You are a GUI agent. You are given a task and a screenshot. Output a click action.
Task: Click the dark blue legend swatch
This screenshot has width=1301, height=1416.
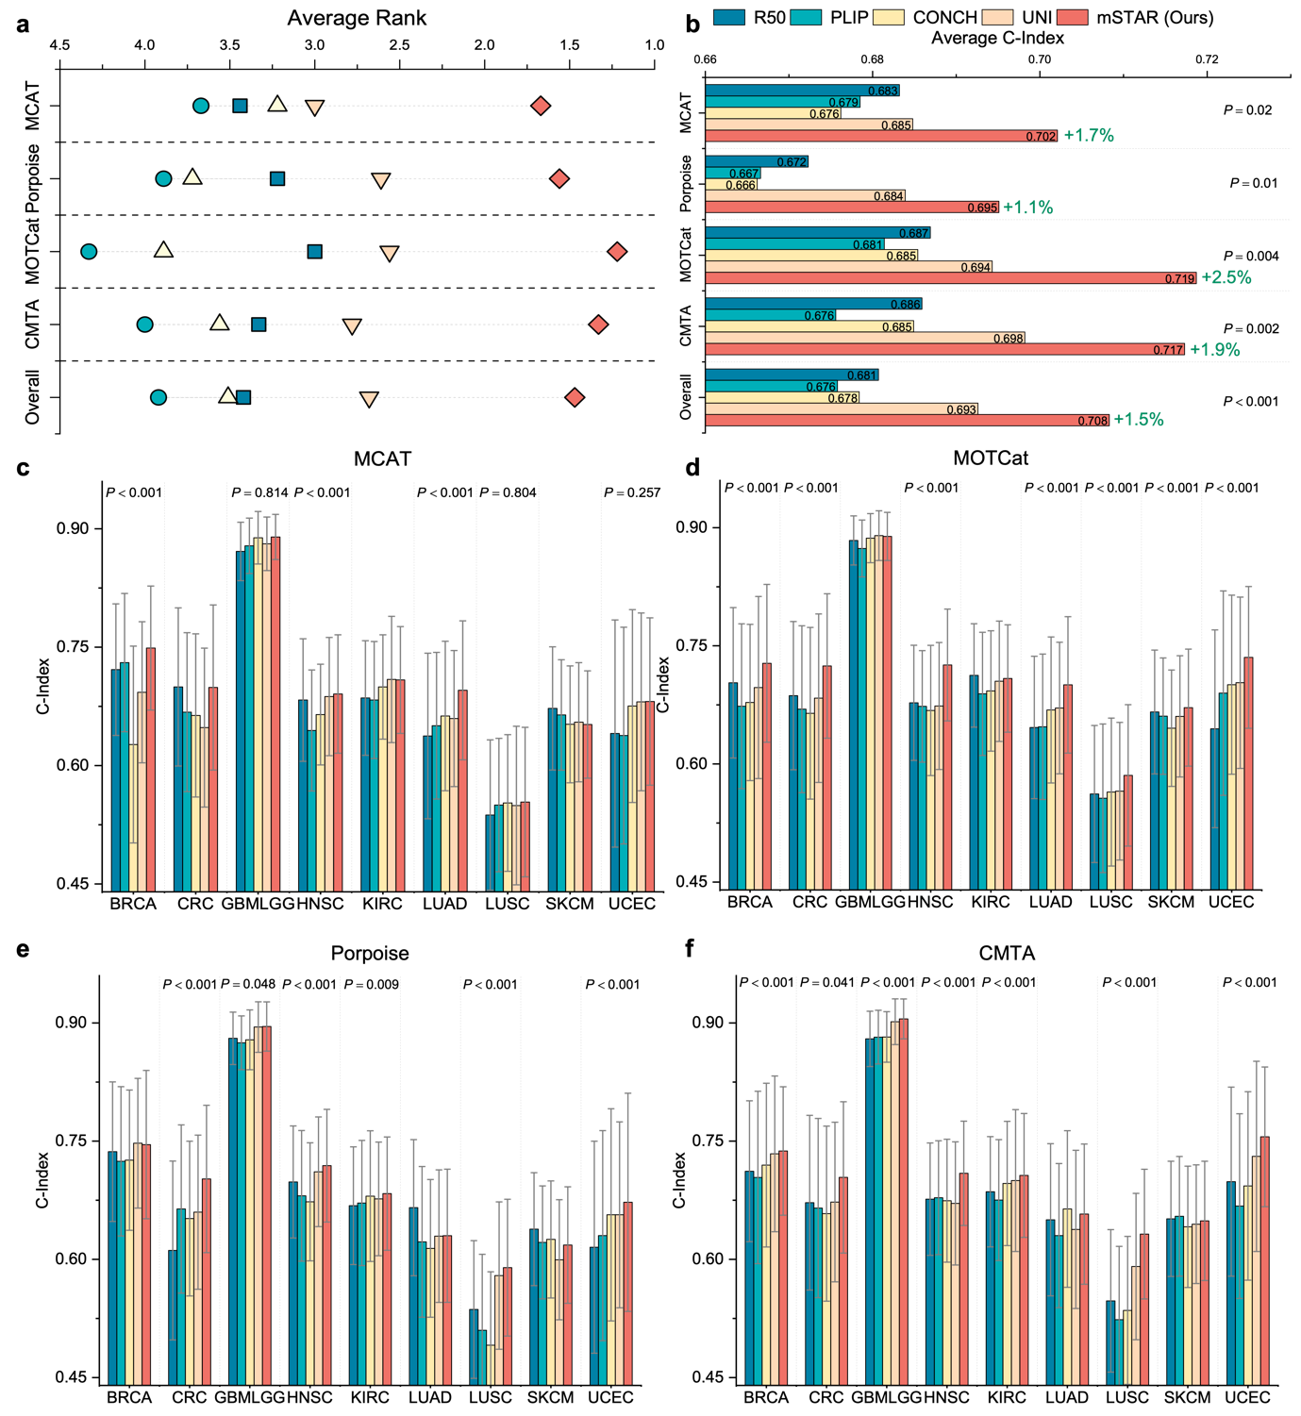click(728, 17)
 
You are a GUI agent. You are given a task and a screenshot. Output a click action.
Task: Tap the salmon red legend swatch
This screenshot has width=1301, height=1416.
click(1072, 17)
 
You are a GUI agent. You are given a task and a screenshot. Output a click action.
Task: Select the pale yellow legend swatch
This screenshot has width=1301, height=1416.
click(888, 17)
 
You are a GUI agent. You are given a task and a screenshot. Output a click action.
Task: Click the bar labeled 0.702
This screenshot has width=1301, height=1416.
click(881, 136)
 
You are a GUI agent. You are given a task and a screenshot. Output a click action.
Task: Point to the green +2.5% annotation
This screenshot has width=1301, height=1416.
click(1226, 277)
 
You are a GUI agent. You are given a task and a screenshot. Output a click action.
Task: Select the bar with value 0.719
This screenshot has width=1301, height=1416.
click(951, 278)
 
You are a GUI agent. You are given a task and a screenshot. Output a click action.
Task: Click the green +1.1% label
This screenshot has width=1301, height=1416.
click(1027, 208)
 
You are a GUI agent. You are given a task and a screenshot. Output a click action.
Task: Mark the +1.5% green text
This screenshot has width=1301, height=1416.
click(1139, 420)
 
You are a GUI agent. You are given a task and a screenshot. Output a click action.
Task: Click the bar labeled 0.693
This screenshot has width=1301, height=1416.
click(842, 409)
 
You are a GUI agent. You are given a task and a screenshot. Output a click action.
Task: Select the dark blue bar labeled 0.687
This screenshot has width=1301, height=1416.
click(817, 233)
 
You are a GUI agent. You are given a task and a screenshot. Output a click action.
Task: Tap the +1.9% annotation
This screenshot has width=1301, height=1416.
click(1214, 350)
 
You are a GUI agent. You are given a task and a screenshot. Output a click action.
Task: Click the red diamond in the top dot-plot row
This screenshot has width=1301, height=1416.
click(541, 106)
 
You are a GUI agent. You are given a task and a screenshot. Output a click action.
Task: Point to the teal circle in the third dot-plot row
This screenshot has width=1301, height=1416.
click(89, 251)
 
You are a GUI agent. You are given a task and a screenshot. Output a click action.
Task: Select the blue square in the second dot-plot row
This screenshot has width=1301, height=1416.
click(277, 178)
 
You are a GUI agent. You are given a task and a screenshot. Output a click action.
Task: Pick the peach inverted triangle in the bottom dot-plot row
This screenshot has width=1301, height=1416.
click(369, 399)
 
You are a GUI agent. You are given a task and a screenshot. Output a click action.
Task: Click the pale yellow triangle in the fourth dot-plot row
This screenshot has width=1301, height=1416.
click(220, 324)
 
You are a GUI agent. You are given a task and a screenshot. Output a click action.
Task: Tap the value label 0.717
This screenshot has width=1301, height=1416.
click(1168, 350)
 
